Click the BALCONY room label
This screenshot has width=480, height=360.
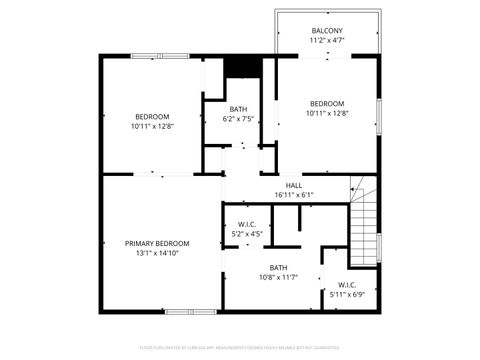pyautogui.click(x=327, y=30)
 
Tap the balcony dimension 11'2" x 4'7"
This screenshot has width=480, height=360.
pyautogui.click(x=327, y=40)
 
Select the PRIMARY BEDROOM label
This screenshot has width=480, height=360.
pyautogui.click(x=157, y=243)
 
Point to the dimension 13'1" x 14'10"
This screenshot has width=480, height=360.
pyautogui.click(x=157, y=253)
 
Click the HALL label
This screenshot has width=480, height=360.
pyautogui.click(x=294, y=185)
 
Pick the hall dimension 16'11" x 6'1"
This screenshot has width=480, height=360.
pyautogui.click(x=294, y=195)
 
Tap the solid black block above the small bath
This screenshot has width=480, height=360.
pyautogui.click(x=240, y=66)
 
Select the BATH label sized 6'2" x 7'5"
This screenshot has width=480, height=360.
pyautogui.click(x=238, y=109)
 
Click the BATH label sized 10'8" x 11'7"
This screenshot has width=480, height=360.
pyautogui.click(x=278, y=267)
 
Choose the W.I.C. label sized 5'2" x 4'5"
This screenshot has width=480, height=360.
pyautogui.click(x=247, y=224)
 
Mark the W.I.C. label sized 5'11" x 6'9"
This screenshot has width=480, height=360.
pyautogui.click(x=347, y=285)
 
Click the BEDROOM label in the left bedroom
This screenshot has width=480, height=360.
pyautogui.click(x=152, y=116)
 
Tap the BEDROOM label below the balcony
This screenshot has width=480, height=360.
pyautogui.click(x=326, y=104)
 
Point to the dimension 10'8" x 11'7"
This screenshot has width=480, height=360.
pyautogui.click(x=278, y=277)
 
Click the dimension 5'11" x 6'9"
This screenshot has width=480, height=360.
pyautogui.click(x=347, y=295)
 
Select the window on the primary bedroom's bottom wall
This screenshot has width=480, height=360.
pyautogui.click(x=191, y=311)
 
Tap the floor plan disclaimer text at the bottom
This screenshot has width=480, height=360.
pyautogui.click(x=240, y=349)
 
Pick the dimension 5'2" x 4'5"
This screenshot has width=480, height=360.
pyautogui.click(x=247, y=234)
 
